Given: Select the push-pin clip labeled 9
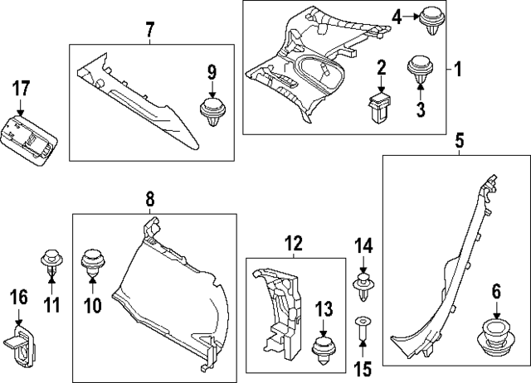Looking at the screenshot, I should click(213, 113).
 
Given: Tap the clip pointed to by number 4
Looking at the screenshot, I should click(431, 19).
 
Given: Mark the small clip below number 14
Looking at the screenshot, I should click(363, 286).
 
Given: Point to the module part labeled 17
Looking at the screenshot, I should click(31, 138).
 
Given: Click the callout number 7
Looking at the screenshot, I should click(149, 31).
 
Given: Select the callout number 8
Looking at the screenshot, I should click(149, 199).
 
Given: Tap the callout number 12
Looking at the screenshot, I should click(295, 244).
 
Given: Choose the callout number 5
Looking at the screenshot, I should click(459, 141).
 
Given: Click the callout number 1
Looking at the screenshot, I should click(455, 69).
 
